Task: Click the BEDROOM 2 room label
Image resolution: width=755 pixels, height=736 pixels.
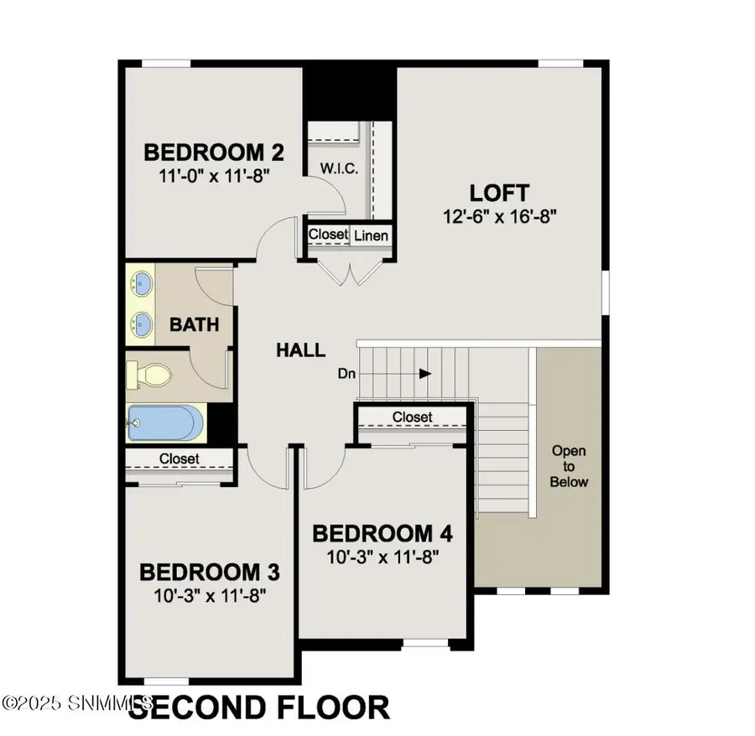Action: [213, 153]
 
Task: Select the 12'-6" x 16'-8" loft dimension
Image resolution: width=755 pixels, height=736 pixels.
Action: [502, 215]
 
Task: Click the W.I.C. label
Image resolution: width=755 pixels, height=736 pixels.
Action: [339, 168]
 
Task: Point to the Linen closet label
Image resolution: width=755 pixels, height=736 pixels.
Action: [370, 236]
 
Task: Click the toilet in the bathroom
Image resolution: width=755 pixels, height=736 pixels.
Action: [148, 375]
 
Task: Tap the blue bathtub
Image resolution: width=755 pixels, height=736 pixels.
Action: [164, 422]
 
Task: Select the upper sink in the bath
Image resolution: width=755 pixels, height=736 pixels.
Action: [143, 283]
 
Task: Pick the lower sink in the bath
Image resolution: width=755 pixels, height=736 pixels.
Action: [143, 323]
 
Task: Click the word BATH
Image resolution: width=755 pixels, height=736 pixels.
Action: [194, 324]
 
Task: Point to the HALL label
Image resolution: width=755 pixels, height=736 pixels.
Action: [300, 350]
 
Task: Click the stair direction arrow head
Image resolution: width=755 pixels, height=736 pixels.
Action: [426, 373]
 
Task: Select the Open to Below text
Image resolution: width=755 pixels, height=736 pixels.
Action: [570, 466]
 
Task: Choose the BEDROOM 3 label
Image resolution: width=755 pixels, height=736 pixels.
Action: [209, 573]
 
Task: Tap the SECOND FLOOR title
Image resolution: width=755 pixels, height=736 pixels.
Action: [260, 708]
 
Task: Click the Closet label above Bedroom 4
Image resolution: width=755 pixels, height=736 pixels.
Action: [412, 417]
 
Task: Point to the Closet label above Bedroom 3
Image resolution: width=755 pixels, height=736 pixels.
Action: [180, 459]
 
